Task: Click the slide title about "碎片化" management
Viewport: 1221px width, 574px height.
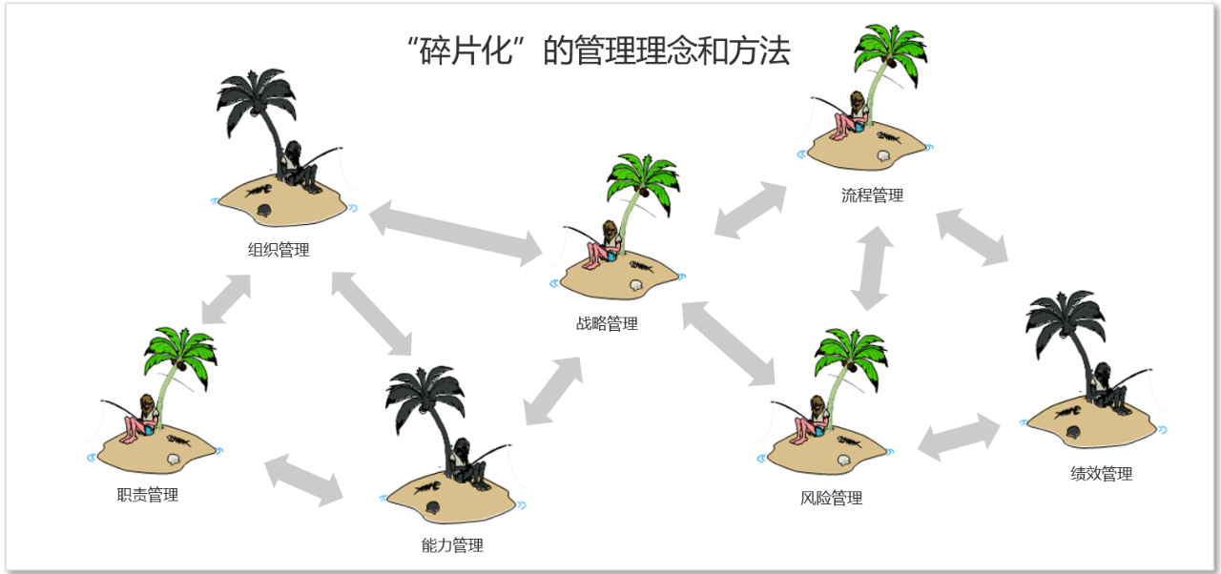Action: (598, 51)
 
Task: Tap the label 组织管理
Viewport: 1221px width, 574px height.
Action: (279, 251)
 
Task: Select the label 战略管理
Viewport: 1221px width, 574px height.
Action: (607, 324)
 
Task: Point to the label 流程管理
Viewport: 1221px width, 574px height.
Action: (872, 196)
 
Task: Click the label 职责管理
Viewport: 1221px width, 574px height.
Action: (147, 495)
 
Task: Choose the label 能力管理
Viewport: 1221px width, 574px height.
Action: (452, 546)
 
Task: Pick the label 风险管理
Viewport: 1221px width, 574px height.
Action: (831, 499)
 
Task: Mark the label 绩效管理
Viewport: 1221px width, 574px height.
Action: (1101, 474)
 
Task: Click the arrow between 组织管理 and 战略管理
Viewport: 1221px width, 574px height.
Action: (455, 231)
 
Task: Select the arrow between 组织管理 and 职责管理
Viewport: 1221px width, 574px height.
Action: (226, 298)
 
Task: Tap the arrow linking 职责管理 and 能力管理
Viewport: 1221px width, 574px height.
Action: (304, 480)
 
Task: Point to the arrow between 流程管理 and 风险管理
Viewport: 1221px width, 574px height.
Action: (872, 268)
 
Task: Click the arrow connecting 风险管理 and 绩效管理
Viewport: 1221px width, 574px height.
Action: (959, 438)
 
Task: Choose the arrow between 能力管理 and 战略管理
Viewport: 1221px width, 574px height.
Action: (553, 390)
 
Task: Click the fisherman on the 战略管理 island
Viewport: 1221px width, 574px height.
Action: (603, 247)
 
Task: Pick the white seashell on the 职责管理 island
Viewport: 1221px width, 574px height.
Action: (173, 460)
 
